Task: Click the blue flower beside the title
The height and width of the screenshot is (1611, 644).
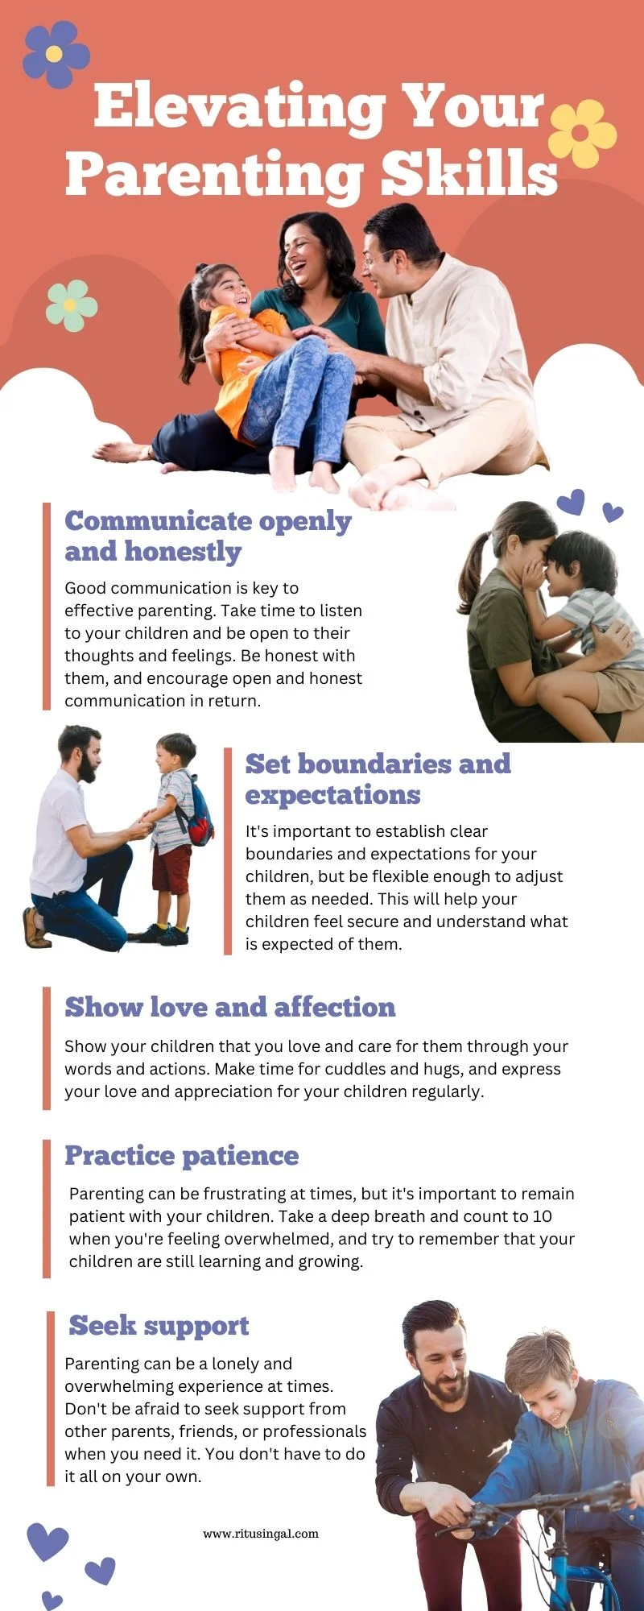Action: tap(56, 54)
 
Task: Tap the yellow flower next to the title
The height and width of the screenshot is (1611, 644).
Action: tap(582, 133)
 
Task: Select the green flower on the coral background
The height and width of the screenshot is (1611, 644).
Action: tap(71, 305)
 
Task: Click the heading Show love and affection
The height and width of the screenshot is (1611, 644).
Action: tap(230, 1007)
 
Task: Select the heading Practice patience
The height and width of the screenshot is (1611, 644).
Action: tap(182, 1156)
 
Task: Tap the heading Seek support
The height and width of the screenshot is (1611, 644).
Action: tap(159, 1326)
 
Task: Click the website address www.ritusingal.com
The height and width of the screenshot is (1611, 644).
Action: tap(261, 1534)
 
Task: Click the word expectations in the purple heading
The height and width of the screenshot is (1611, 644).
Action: tap(332, 795)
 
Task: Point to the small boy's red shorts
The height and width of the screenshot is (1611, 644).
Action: tap(171, 869)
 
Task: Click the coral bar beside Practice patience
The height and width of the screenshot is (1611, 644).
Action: tap(47, 1208)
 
